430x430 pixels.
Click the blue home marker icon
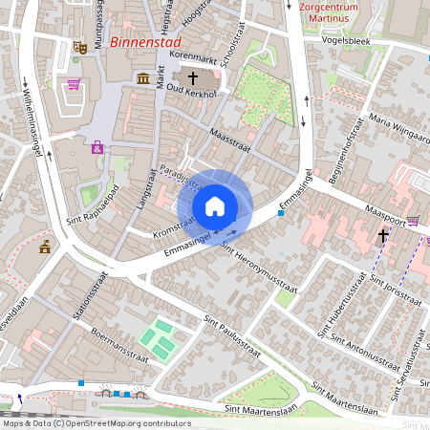point(215,206)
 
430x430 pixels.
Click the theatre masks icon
point(82,45)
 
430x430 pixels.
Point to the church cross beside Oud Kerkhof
point(192,77)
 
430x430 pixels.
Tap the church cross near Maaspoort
point(383,235)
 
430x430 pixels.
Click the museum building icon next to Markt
point(142,77)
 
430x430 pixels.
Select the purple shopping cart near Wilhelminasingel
point(74,84)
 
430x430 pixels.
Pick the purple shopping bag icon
point(412,220)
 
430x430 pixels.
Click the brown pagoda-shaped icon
point(45,247)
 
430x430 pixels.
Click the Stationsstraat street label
point(91,297)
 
